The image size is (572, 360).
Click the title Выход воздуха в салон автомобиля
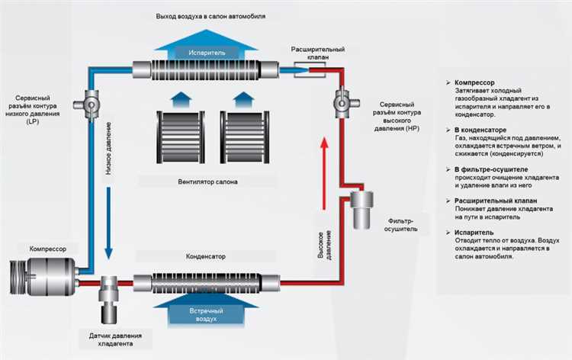[x=205, y=15]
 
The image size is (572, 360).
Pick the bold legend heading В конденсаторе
[x=480, y=130]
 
